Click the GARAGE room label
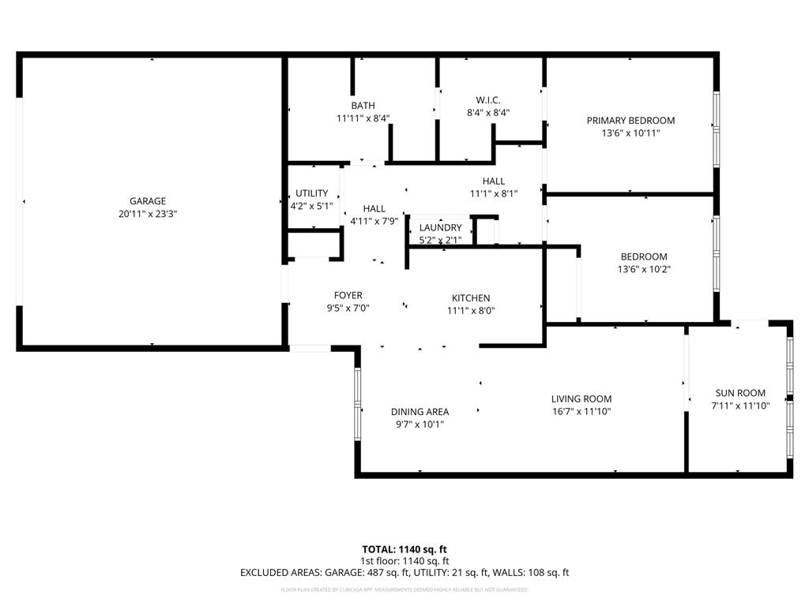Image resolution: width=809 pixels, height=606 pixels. click(148, 201)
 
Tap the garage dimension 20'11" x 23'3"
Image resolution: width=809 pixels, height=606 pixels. click(148, 213)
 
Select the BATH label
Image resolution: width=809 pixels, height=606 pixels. click(363, 106)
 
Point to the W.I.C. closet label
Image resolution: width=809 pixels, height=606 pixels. click(487, 100)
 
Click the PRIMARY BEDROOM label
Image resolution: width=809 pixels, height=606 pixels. click(630, 121)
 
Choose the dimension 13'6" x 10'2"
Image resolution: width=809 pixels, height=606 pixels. click(644, 269)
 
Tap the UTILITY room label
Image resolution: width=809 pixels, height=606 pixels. click(312, 194)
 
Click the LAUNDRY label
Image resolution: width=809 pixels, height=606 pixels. click(440, 228)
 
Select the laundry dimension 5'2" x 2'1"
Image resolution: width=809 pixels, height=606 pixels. click(440, 240)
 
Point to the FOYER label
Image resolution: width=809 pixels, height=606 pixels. click(348, 296)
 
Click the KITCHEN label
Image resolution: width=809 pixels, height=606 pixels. click(471, 298)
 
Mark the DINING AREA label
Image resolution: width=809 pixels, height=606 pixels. click(420, 412)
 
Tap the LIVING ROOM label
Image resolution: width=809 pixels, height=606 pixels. click(581, 399)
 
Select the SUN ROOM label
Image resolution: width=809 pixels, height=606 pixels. click(740, 393)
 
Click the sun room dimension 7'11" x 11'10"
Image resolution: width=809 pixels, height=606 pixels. click(740, 406)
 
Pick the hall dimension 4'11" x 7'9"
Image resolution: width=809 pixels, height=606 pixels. click(374, 221)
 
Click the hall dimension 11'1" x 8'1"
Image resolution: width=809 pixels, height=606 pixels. click(494, 193)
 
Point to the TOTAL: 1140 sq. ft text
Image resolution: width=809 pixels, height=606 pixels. click(404, 549)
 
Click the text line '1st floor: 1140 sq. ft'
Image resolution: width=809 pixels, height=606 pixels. click(404, 561)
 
